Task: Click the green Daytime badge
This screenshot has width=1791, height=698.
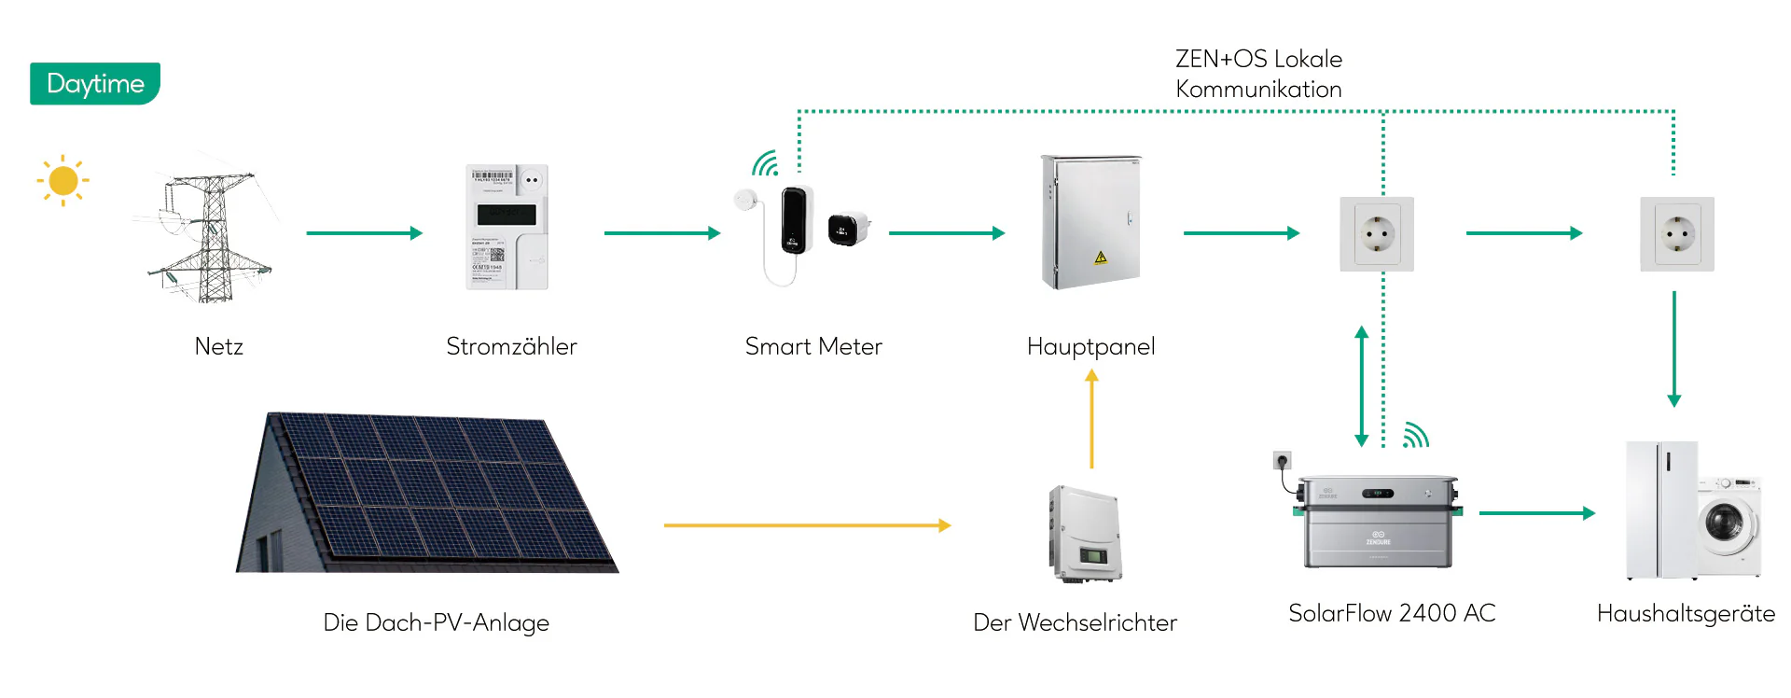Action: coord(95,84)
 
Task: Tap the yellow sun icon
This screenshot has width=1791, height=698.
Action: coord(62,180)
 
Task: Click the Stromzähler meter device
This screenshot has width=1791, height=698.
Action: coord(507,228)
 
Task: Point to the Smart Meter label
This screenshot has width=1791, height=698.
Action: coord(812,346)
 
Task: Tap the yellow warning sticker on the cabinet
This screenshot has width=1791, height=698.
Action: coord(1101,257)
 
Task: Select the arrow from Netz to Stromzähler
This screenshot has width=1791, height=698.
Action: coord(364,233)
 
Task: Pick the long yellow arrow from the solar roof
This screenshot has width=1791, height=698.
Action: coord(807,525)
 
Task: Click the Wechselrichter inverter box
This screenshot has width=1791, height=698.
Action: coord(1084,534)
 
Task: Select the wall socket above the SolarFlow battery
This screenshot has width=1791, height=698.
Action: coord(1377,234)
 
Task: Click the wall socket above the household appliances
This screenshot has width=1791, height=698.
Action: coord(1676,234)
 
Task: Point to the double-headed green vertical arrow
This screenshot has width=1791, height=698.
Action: coord(1361,386)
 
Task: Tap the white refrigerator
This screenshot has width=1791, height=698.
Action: coord(1660,510)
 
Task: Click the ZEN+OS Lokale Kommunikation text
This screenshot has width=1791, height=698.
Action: coord(1258,74)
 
